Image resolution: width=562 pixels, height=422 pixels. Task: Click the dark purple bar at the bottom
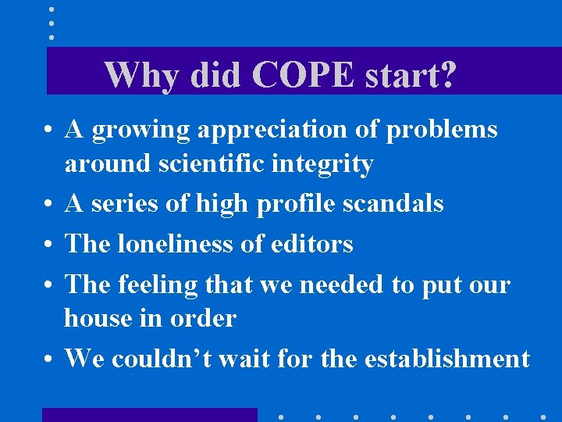click(149, 414)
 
